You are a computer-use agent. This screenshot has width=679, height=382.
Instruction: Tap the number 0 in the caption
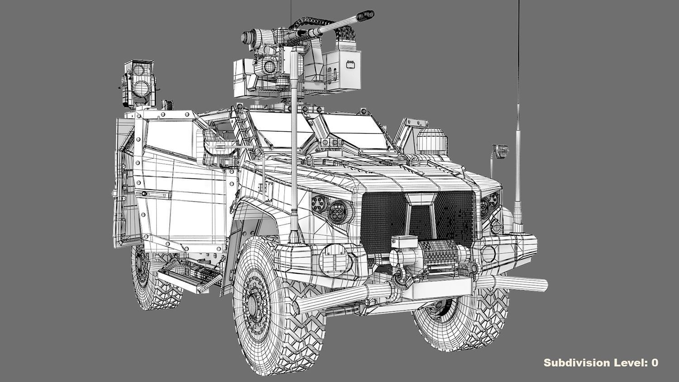pyautogui.click(x=655, y=363)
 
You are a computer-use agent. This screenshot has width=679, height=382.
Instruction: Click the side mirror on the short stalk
pyautogui.click(x=500, y=151)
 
